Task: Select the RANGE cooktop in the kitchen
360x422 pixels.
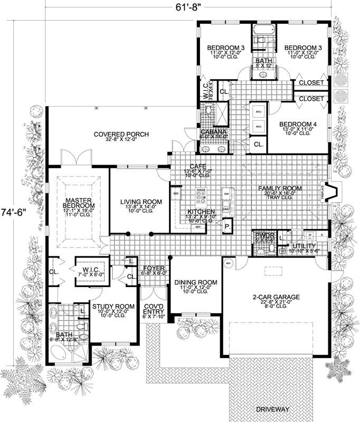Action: click(x=201, y=196)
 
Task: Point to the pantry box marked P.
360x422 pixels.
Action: click(x=227, y=226)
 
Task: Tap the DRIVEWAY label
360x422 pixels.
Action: click(x=273, y=409)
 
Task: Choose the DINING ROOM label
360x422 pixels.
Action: click(x=196, y=283)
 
